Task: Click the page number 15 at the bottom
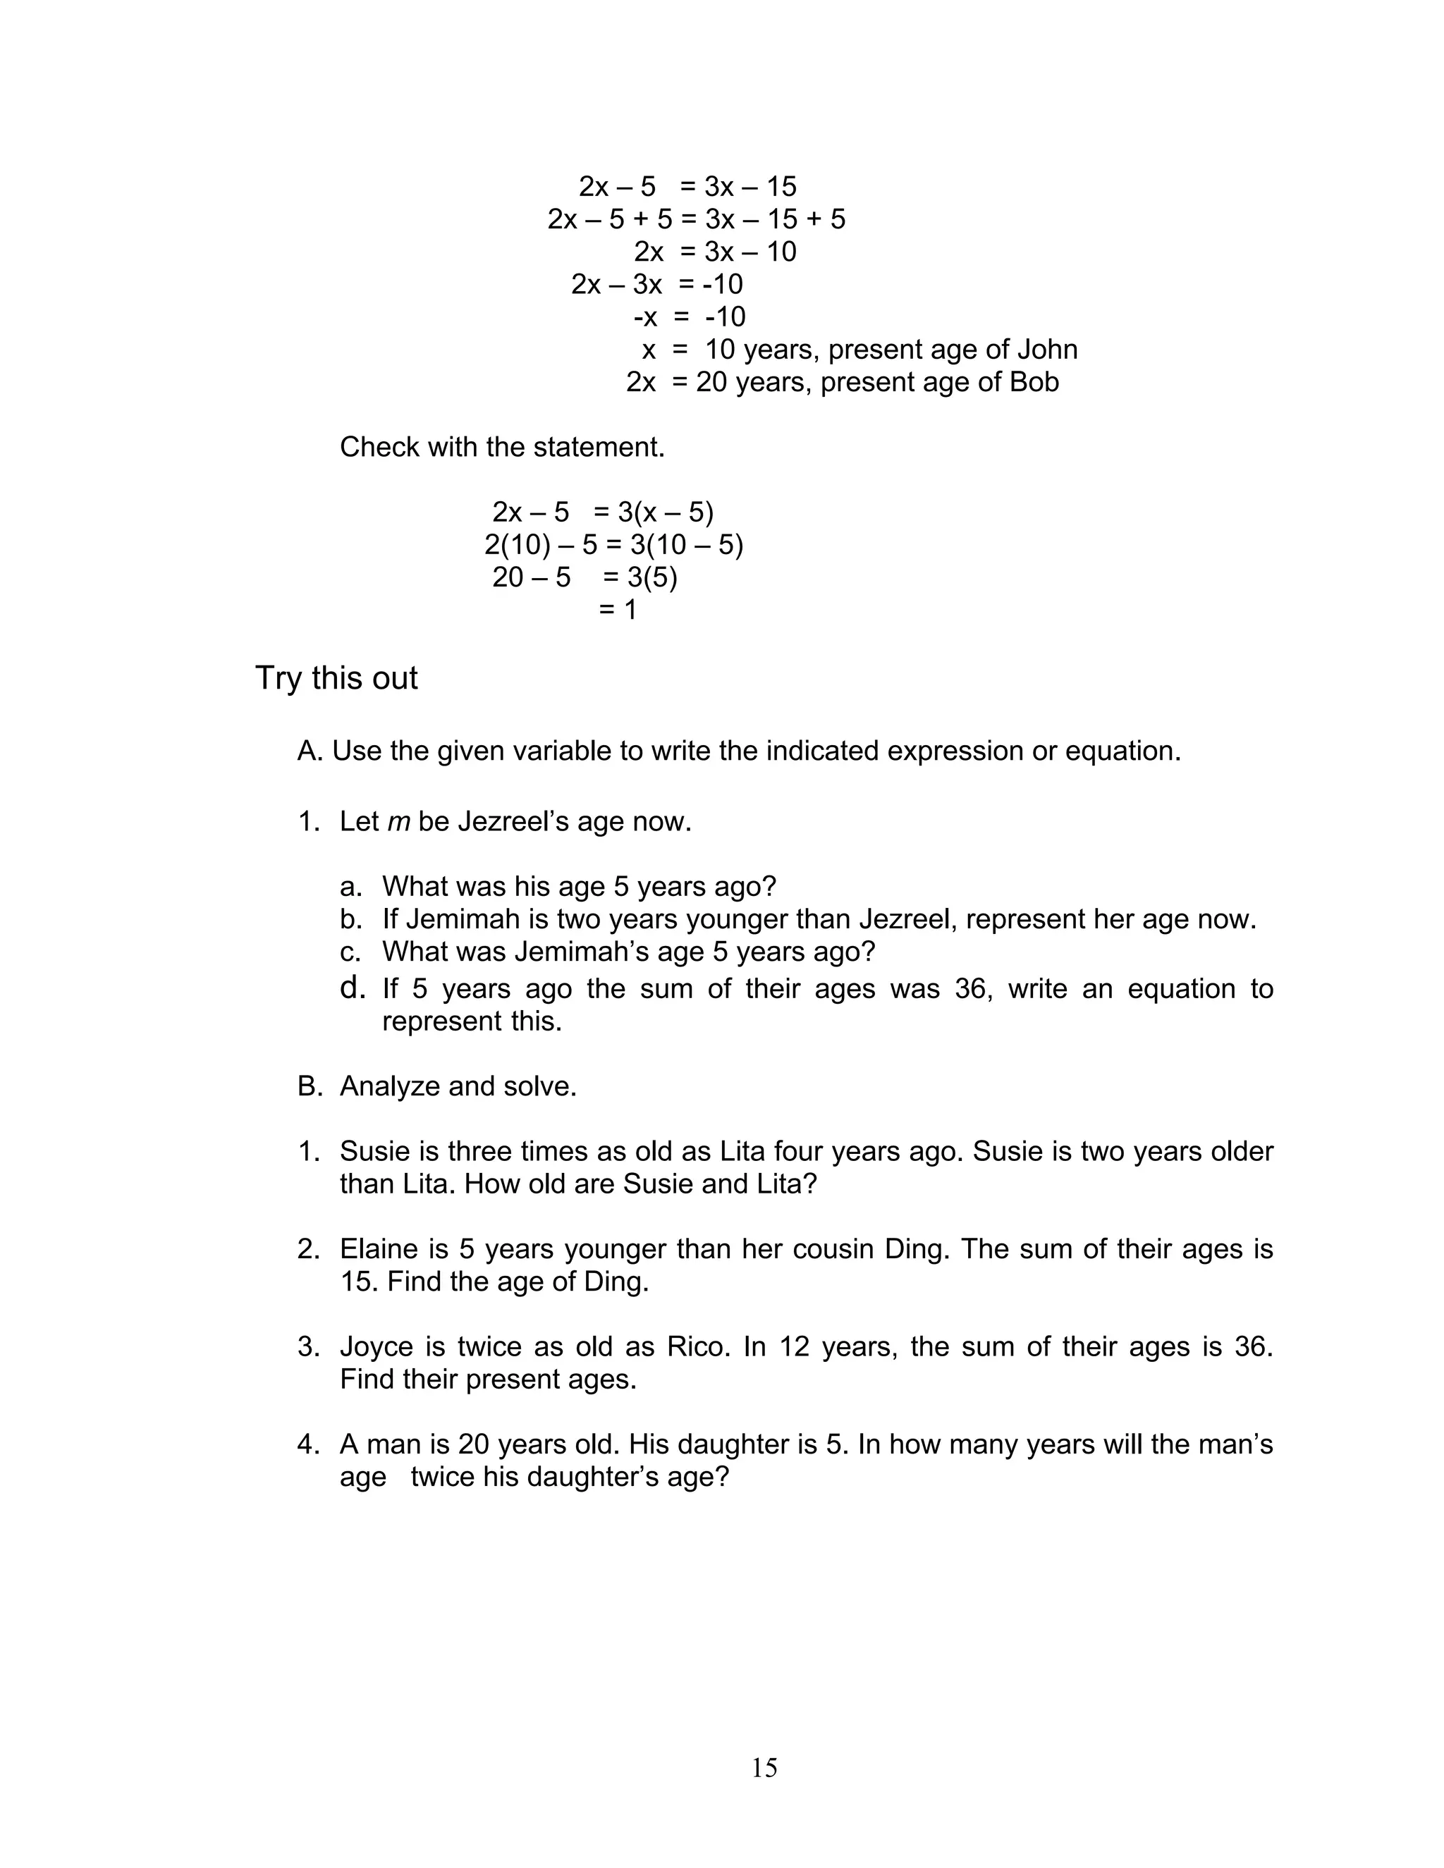click(764, 1767)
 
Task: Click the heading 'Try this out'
click(336, 678)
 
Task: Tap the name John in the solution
click(1047, 350)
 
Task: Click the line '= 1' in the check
click(618, 610)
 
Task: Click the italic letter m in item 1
click(398, 822)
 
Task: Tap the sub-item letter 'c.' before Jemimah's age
click(350, 952)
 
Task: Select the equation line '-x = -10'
click(689, 317)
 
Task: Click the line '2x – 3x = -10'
click(657, 285)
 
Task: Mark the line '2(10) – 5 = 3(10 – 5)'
click(613, 545)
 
